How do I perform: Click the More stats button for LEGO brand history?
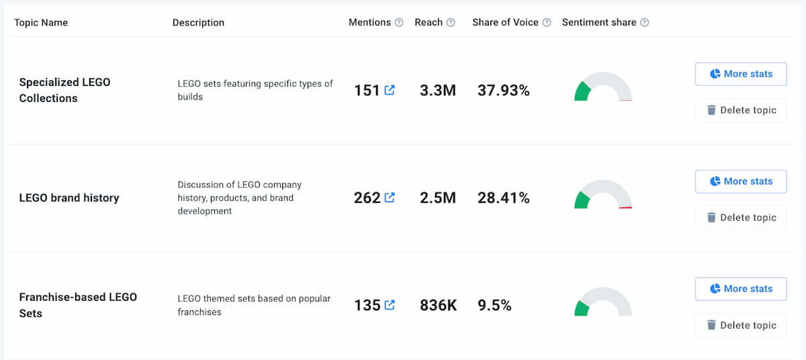[x=740, y=181]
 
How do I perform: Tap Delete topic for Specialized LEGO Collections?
[x=740, y=110]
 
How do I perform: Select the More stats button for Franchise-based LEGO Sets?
[x=740, y=289]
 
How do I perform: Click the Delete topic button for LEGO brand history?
[x=740, y=218]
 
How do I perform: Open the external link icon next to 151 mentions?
[x=390, y=90]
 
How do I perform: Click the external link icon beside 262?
[x=390, y=197]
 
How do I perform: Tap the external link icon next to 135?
[x=390, y=305]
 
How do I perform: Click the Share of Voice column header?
[x=505, y=22]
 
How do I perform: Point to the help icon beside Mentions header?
[x=399, y=23]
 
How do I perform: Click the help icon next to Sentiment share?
[x=645, y=23]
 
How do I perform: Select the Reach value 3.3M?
[x=437, y=90]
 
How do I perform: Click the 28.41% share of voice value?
[x=503, y=197]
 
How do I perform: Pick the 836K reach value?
[x=438, y=305]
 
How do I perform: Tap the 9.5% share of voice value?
[x=494, y=305]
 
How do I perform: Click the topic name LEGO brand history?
[x=69, y=197]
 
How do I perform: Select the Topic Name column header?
[x=41, y=23]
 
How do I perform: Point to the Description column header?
[x=198, y=23]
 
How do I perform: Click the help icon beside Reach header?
[x=451, y=23]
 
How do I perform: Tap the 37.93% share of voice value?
[x=503, y=90]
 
